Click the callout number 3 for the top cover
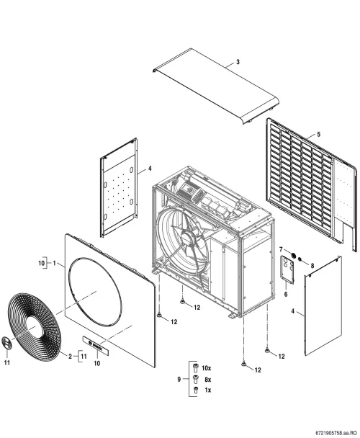point(238,62)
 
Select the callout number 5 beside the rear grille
point(319,135)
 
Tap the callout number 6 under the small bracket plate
point(286,294)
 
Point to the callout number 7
point(281,249)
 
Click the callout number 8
point(312,265)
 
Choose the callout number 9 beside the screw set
point(179,379)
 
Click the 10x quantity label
point(207,368)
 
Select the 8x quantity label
point(207,380)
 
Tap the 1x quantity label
point(208,390)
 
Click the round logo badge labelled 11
point(6,343)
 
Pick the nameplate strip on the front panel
point(95,345)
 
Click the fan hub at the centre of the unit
point(189,239)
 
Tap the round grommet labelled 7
point(293,255)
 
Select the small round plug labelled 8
point(300,259)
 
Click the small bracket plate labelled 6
point(287,269)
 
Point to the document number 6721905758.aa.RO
point(336,433)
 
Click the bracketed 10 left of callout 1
point(42,263)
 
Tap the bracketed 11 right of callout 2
point(84,356)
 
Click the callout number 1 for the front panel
point(55,263)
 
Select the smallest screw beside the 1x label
point(196,390)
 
